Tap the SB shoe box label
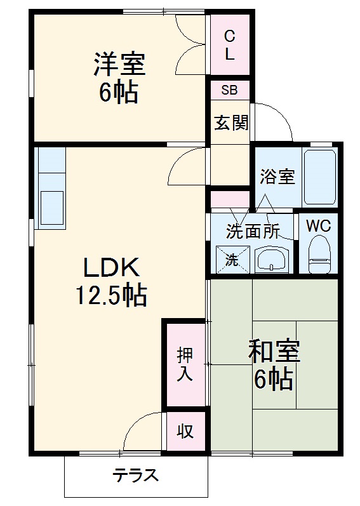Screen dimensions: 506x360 point(229,90)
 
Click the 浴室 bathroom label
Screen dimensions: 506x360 point(277,176)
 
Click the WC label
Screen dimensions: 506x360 point(319,225)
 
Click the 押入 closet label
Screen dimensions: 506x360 point(185,364)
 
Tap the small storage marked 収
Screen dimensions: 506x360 point(185,432)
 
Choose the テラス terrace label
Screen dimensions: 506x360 point(135,476)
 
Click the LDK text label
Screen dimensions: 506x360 point(110,269)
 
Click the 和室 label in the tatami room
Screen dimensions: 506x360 point(274,351)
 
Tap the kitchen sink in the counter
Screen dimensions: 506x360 point(52,204)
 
